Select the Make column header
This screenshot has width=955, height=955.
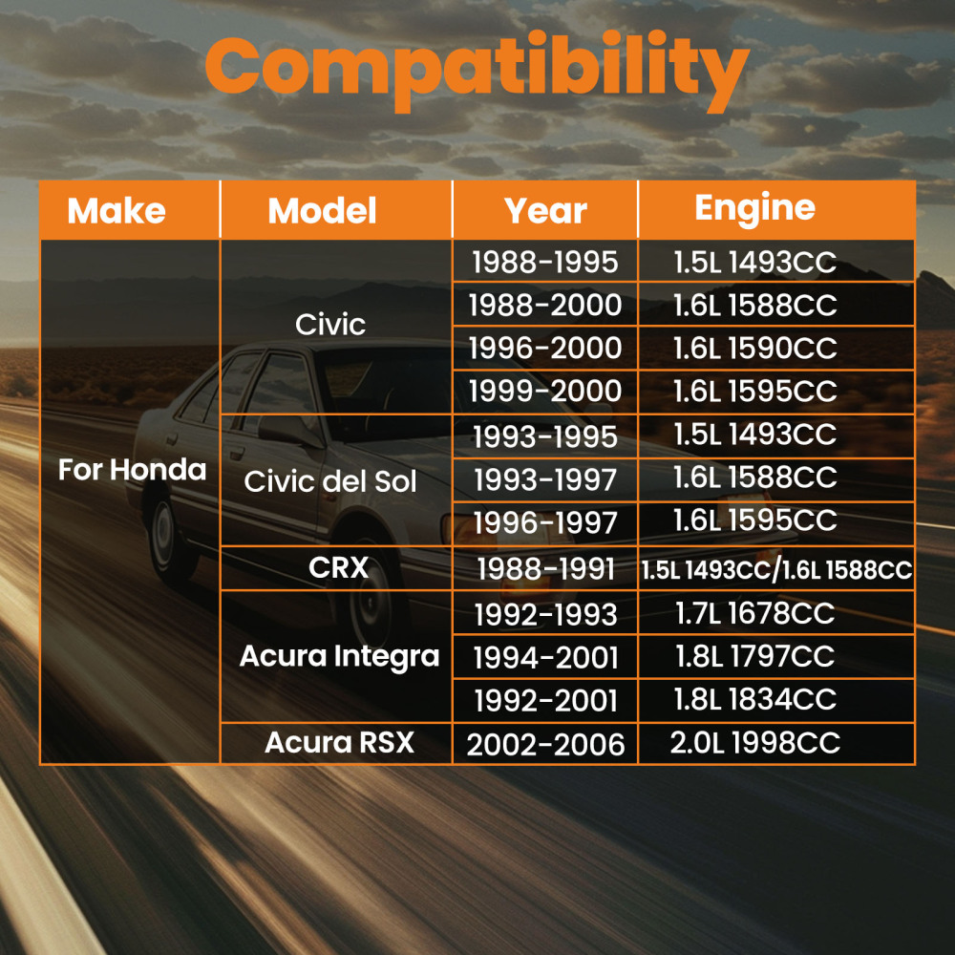(x=117, y=211)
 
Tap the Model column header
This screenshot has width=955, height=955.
(x=322, y=211)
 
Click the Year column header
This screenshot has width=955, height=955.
(x=545, y=211)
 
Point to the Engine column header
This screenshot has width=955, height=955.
(x=755, y=209)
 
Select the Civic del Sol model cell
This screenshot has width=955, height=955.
(x=330, y=481)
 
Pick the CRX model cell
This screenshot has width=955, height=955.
(x=339, y=567)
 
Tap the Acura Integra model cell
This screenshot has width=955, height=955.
(x=339, y=657)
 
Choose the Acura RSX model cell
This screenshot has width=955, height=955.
(x=339, y=742)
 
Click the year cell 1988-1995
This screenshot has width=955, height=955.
(x=545, y=262)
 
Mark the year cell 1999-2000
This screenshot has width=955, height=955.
(x=545, y=391)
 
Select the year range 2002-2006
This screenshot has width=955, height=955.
(x=545, y=744)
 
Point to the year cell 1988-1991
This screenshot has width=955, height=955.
(x=545, y=569)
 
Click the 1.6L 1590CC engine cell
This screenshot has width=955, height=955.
(x=755, y=348)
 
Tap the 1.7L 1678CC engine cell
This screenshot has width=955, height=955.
(x=755, y=613)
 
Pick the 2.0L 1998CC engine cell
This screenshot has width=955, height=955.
(x=755, y=742)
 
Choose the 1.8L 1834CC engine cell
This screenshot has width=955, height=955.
(x=755, y=699)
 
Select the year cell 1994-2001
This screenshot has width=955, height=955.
(x=545, y=658)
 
